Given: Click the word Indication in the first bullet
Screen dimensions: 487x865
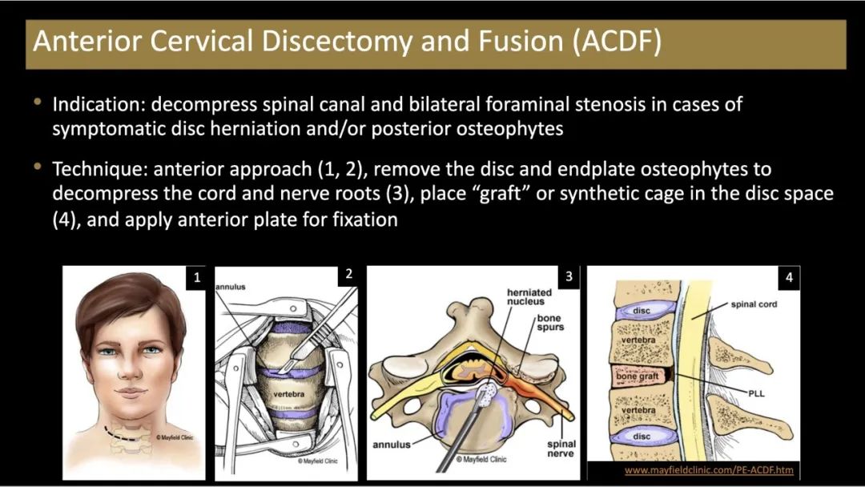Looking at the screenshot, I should click(x=98, y=105).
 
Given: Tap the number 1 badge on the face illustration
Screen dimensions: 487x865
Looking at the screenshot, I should click(x=195, y=278).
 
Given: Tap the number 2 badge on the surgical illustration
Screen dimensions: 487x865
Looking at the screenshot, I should click(x=348, y=275).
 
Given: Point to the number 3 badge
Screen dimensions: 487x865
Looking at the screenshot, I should click(x=569, y=277).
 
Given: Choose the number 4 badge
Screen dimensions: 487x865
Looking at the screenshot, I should click(x=789, y=278).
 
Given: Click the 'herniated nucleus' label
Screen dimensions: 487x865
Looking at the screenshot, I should click(x=525, y=297).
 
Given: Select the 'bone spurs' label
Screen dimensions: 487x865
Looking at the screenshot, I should click(x=550, y=323).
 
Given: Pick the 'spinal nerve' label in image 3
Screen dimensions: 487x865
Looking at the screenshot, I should click(x=561, y=449).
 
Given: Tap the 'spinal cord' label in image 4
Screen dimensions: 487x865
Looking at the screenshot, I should click(x=754, y=304).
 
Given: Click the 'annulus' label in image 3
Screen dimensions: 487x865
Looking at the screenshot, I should click(x=392, y=444).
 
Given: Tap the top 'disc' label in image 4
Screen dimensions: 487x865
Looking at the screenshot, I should click(x=641, y=310).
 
